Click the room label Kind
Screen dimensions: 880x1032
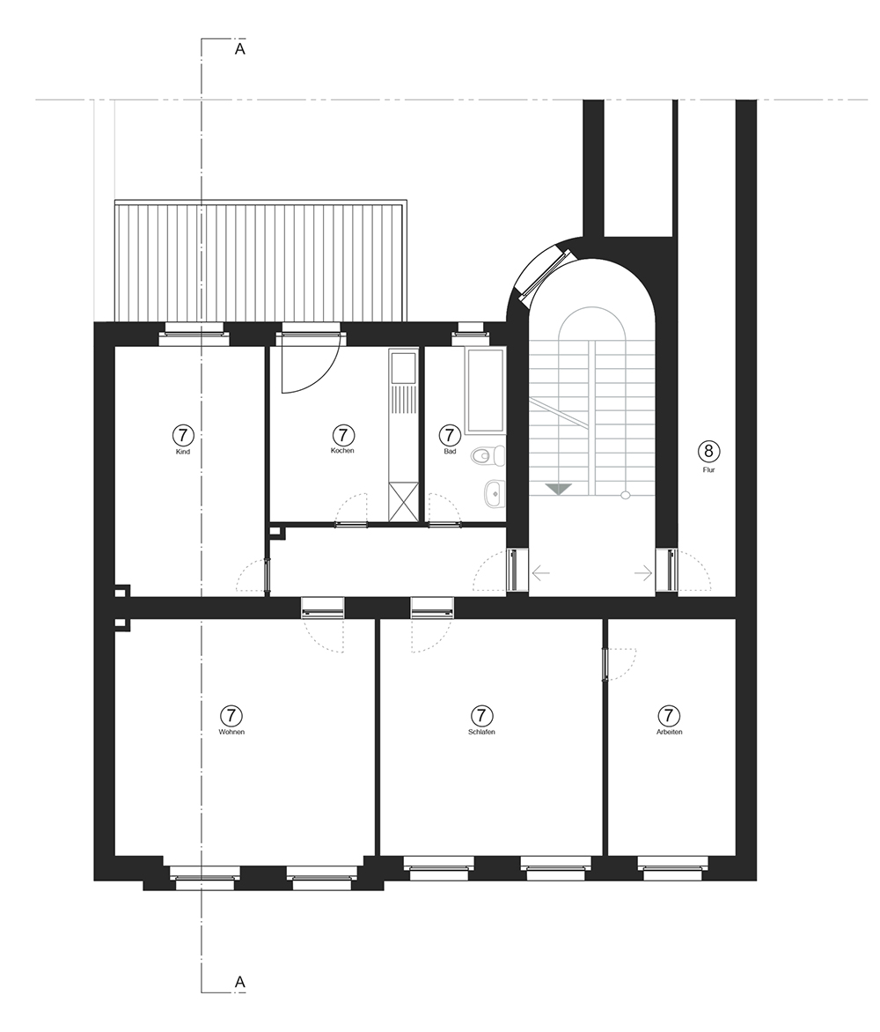[x=184, y=452]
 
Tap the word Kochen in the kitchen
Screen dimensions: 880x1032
[x=342, y=451]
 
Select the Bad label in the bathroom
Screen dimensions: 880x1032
[x=450, y=452]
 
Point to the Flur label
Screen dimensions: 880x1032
[x=708, y=470]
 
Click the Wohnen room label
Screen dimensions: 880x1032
[x=231, y=732]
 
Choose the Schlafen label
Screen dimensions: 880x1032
[x=482, y=732]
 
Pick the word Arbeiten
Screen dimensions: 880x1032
[x=669, y=732]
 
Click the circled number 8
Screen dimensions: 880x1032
[x=708, y=451]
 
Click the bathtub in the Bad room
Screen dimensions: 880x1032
[x=485, y=391]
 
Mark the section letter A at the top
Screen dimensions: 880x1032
[x=240, y=48]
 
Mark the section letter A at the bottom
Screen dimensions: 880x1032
[x=240, y=982]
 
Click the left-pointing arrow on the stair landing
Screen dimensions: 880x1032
[x=540, y=573]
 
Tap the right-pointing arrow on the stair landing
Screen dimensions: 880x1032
[x=643, y=573]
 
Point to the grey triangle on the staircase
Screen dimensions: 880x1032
[x=559, y=489]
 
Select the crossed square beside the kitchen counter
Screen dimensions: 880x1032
[x=404, y=502]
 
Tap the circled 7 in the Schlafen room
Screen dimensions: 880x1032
[x=482, y=715]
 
